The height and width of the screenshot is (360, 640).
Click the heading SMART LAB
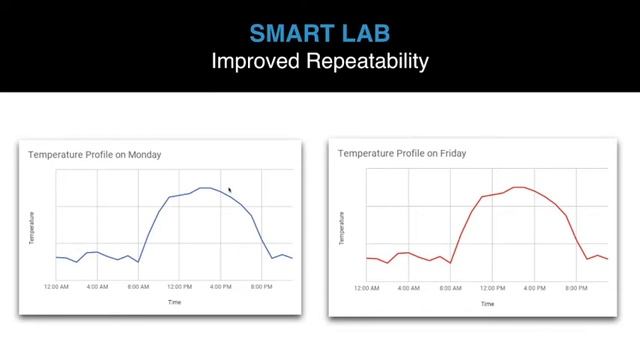pyautogui.click(x=320, y=33)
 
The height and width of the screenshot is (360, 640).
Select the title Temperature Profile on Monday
pyautogui.click(x=94, y=155)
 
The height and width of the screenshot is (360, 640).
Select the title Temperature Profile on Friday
pyautogui.click(x=402, y=154)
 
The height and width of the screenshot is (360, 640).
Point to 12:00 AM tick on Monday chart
pyautogui.click(x=56, y=287)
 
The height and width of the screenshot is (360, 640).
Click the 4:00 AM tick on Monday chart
pyautogui.click(x=97, y=287)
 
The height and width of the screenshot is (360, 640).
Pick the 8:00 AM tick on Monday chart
pyautogui.click(x=138, y=287)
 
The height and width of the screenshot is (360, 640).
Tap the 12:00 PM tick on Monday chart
pyautogui.click(x=179, y=287)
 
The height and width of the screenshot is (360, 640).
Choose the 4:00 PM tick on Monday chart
pyautogui.click(x=221, y=287)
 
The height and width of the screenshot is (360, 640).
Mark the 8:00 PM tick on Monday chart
pyautogui.click(x=261, y=287)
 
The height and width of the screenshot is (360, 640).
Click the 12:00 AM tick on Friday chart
pyautogui.click(x=368, y=288)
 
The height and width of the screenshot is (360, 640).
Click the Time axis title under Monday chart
pyautogui.click(x=175, y=301)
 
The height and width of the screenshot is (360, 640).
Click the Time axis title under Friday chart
pyautogui.click(x=487, y=303)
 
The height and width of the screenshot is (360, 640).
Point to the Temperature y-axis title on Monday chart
pyautogui.click(x=32, y=228)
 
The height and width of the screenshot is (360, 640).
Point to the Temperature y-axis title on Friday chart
pyautogui.click(x=343, y=228)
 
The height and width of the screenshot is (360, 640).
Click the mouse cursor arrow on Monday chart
pyautogui.click(x=230, y=190)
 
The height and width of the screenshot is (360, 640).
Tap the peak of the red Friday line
pyautogui.click(x=519, y=187)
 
